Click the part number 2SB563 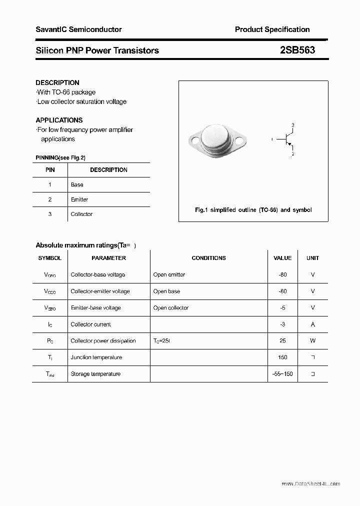coord(297,50)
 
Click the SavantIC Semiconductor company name coord(78,29)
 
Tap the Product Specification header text coord(272,29)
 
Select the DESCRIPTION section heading coord(57,82)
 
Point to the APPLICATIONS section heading coord(59,120)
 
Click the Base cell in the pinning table coord(77,184)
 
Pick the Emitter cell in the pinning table coord(79,199)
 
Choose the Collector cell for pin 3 coord(81,214)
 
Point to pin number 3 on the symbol coord(292,125)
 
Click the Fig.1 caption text coord(253,210)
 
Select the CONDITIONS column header coord(208,258)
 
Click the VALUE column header coord(282,258)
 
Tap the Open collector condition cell coord(171,308)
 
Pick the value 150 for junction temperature coord(282,357)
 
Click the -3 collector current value coord(282,324)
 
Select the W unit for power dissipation coord(313,341)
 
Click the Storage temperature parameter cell coord(95,374)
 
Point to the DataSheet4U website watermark coord(310,484)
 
